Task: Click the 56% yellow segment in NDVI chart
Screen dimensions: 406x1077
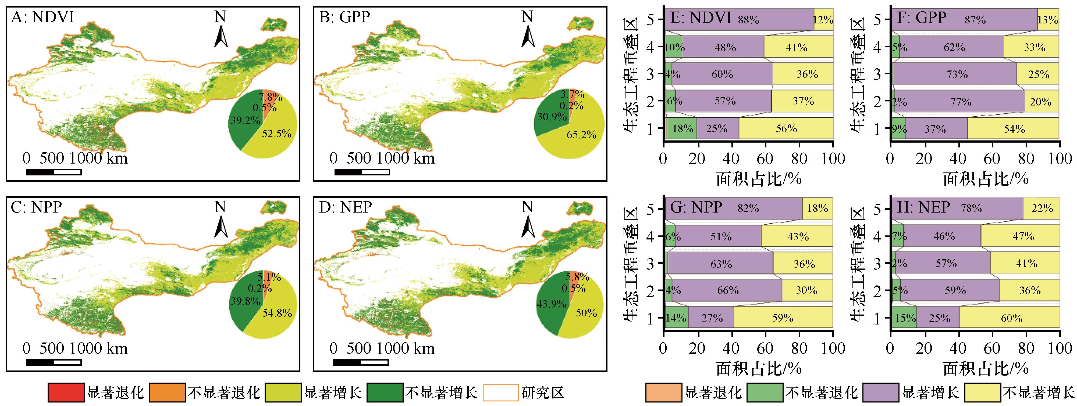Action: tap(786, 128)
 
